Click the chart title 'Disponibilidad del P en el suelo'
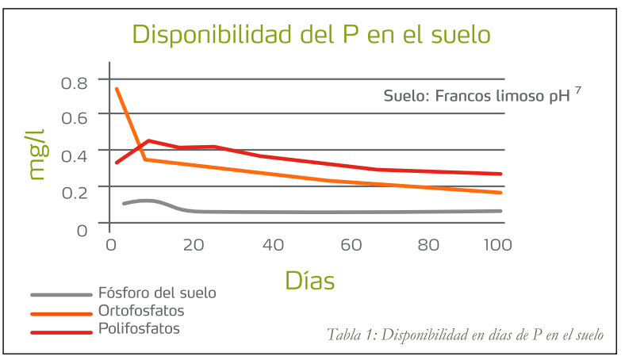311,36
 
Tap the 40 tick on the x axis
272,246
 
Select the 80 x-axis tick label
429,246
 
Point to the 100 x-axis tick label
497,246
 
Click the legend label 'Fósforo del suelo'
157,293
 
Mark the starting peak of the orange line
117,88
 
